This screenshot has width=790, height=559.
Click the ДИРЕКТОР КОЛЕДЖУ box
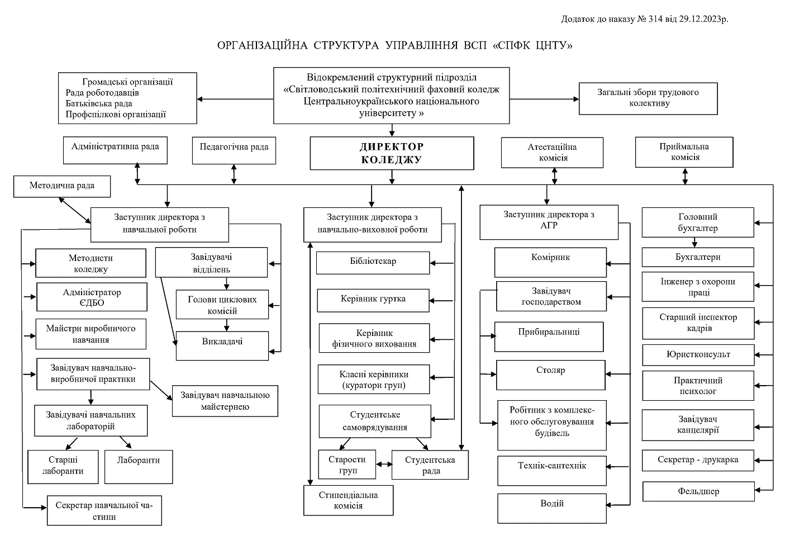392,153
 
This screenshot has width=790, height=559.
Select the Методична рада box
61,186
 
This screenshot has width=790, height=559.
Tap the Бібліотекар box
373,263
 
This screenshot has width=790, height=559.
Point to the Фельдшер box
698,491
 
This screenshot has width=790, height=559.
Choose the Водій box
552,508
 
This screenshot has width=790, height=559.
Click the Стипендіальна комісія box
348,500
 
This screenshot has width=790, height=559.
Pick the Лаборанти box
139,467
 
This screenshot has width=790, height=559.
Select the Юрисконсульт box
698,354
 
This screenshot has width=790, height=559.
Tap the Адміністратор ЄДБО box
92,297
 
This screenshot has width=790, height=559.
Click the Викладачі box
222,345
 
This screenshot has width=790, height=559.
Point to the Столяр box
550,375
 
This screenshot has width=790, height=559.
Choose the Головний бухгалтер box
698,222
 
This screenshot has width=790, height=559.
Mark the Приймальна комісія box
684,152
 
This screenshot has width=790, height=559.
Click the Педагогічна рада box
234,150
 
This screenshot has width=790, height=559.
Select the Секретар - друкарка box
698,460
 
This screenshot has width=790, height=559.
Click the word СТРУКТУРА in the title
346,45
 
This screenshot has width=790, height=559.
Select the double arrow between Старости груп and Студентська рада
384,464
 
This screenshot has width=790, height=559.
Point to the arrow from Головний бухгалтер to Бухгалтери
694,242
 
